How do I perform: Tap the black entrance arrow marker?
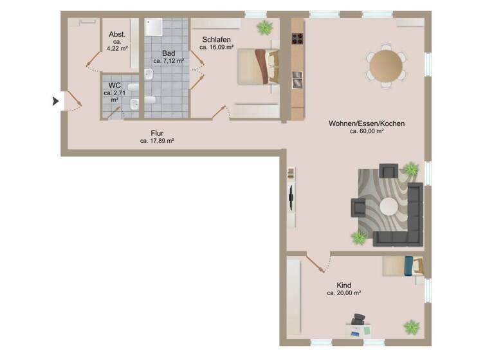click(55, 101)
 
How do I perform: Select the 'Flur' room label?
click(157, 134)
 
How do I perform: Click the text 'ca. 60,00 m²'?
click(367, 131)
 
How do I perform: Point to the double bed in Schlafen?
click(258, 66)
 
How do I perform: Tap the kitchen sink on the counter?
click(297, 80)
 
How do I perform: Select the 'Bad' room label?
click(169, 53)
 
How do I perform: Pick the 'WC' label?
click(114, 85)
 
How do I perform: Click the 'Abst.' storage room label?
click(116, 35)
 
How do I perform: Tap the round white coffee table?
click(389, 206)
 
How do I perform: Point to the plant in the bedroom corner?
click(264, 28)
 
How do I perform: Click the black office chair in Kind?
click(358, 319)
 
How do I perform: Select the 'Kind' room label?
click(344, 285)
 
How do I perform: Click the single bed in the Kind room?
click(403, 265)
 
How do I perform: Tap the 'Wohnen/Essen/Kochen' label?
click(367, 123)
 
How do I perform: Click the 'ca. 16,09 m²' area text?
click(215, 47)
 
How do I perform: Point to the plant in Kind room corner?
click(411, 327)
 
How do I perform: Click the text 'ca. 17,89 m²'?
click(157, 141)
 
